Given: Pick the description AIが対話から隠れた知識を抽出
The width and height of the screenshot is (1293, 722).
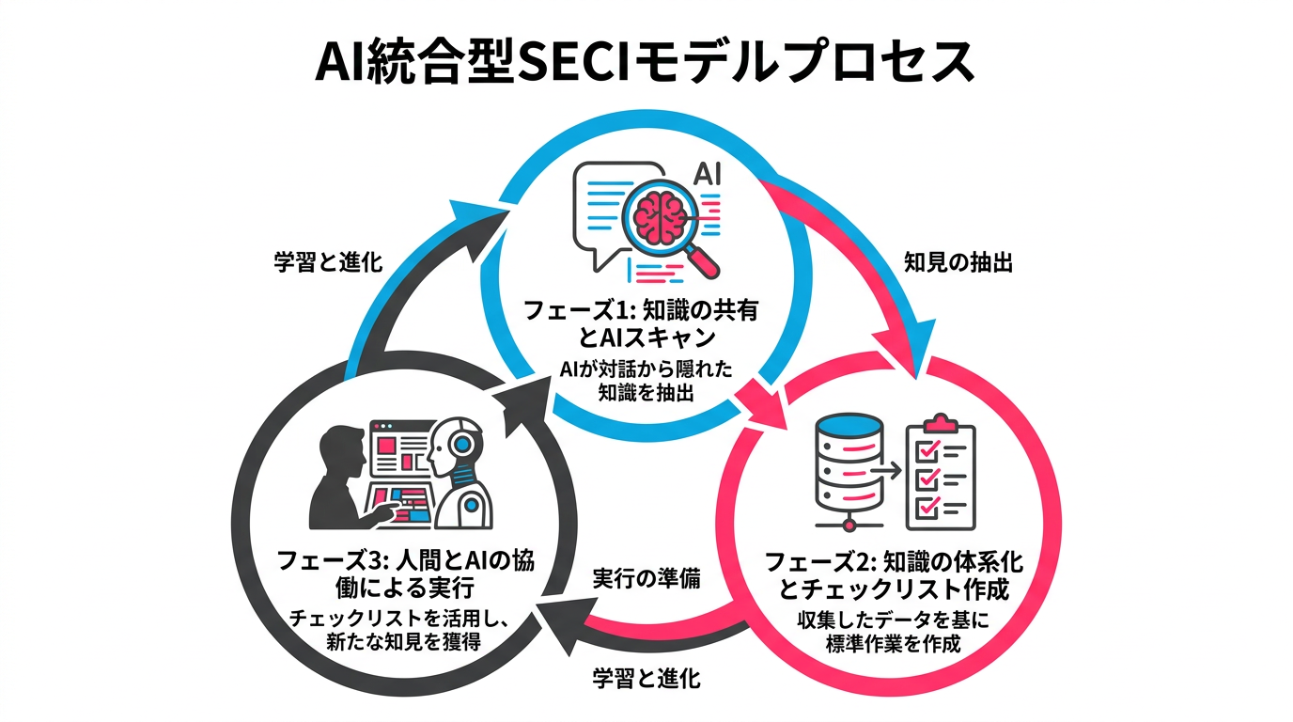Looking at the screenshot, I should pos(646,380).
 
